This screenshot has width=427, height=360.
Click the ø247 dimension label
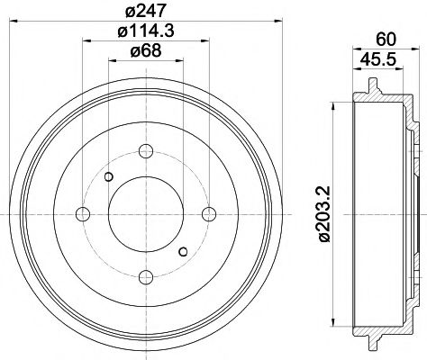click(x=146, y=11)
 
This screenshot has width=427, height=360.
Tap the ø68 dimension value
click(x=146, y=51)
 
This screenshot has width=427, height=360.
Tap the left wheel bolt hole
click(x=83, y=213)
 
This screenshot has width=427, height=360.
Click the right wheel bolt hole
click(x=209, y=213)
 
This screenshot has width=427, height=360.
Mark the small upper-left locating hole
click(x=109, y=175)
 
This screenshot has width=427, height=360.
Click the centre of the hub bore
click(x=146, y=213)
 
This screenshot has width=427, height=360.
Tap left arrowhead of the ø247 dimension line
click(x=10, y=20)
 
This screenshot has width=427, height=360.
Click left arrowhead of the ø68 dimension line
click(x=112, y=60)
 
